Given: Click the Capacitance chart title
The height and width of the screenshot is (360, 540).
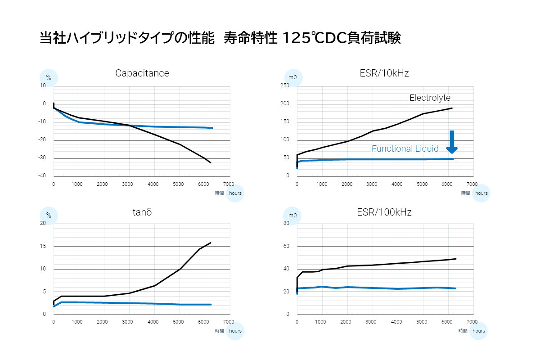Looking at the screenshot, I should coord(142,73).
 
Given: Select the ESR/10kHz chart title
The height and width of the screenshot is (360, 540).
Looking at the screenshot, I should coord(384,73).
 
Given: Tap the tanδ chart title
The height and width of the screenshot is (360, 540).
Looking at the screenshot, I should coord(142,211).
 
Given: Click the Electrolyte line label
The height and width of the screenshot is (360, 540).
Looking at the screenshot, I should coord(430,98).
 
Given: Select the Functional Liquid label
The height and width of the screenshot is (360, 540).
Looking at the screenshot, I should coord(405,149).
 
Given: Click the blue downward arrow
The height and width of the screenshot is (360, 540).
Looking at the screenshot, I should coord(452,142).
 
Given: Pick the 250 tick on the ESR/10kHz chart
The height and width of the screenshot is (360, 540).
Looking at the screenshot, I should coord(284,86).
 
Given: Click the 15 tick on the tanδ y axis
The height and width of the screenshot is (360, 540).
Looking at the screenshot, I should coord(43,247).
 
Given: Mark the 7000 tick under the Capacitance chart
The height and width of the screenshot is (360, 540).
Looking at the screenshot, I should coord(229,184).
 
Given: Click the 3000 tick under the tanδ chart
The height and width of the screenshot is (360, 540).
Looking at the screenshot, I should coord(128,322).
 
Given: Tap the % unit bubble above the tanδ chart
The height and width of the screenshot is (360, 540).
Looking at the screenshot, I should coord(49,216).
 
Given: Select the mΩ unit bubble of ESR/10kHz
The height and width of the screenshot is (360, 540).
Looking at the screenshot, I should coord(293,78).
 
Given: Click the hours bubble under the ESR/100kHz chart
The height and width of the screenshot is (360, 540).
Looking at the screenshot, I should coord(479,331).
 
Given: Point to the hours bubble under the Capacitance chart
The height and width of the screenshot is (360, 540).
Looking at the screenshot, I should coord(235,193).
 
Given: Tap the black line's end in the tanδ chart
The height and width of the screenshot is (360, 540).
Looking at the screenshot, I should coord(211,243).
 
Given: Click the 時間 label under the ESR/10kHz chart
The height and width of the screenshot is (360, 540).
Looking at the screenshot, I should coord(465,193).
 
